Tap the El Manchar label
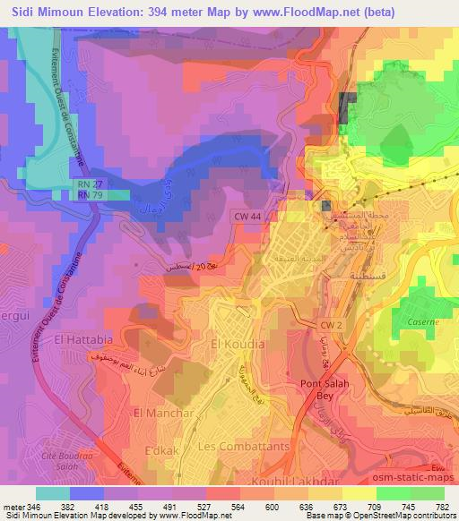(x=163, y=413)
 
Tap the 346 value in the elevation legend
(x=37, y=506)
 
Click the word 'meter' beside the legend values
(x=13, y=506)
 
